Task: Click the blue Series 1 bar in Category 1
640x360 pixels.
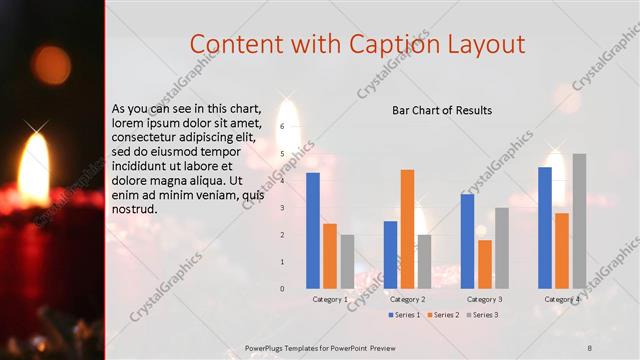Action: click(313, 230)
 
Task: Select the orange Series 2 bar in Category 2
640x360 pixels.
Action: click(407, 228)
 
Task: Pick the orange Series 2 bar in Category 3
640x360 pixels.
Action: click(485, 263)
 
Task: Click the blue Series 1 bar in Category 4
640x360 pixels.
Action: click(545, 227)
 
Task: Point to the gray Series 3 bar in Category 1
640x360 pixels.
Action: click(347, 261)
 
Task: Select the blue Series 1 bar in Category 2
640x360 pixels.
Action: click(390, 254)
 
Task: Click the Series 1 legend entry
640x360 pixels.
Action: click(404, 315)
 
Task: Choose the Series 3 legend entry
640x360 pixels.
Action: click(481, 315)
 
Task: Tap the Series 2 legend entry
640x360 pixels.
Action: click(442, 315)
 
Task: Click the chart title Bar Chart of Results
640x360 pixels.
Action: click(442, 110)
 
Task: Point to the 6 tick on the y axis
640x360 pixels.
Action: click(283, 126)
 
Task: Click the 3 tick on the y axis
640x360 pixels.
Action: click(283, 208)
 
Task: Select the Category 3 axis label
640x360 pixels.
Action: click(485, 299)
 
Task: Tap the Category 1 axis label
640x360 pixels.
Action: click(330, 299)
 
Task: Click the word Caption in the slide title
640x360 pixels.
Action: click(390, 44)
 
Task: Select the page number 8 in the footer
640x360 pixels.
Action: click(590, 347)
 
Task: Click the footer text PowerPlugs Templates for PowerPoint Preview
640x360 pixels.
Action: click(321, 347)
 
